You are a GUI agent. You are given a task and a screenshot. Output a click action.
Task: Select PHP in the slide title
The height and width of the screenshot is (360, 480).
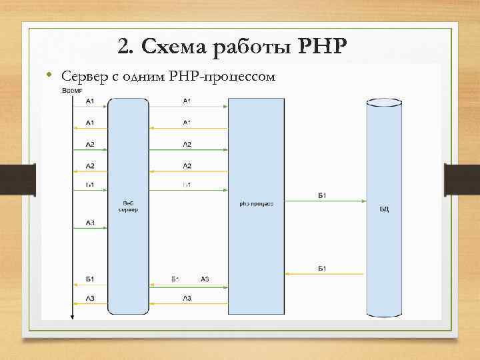pos(324,46)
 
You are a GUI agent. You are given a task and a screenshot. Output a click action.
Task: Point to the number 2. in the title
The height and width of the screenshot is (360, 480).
pos(125,46)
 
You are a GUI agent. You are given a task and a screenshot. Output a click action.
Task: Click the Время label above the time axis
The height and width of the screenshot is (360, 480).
pos(73,91)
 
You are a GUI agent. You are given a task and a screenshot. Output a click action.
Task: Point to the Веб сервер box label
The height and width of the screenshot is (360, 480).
pos(128,206)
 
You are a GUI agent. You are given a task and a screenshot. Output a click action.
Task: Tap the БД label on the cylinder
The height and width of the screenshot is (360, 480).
pos(384,209)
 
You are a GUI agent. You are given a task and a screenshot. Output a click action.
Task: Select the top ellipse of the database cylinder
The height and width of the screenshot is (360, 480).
pos(384,104)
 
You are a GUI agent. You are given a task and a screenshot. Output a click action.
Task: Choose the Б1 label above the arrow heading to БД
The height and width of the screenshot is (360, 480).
pos(321,195)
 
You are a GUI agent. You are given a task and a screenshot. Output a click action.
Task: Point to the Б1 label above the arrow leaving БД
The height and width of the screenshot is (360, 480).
pos(321,267)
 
